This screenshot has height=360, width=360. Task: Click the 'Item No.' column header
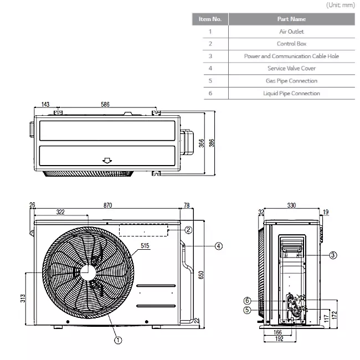coord(210,19)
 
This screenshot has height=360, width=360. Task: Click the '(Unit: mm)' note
coord(341,5)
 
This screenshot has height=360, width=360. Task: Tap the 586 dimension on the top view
coord(105,104)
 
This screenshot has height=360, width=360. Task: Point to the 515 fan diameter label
coord(145,245)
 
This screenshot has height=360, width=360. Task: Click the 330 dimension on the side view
coord(291,205)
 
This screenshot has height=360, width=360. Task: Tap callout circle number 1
coord(118,341)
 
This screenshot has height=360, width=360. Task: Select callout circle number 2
coord(188,230)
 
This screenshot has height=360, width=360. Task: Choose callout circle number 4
coord(219,245)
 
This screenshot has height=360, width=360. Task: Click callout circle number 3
coord(333,255)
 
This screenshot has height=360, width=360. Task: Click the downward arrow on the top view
coord(107,161)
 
